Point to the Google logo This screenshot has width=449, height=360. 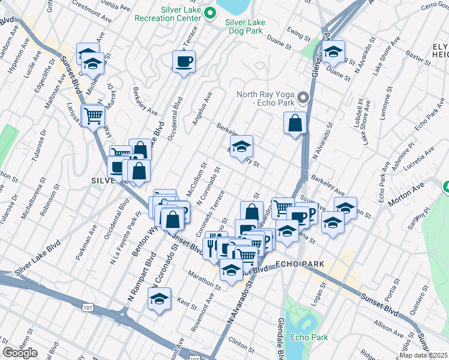(20, 352)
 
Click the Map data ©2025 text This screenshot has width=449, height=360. (423, 355)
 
